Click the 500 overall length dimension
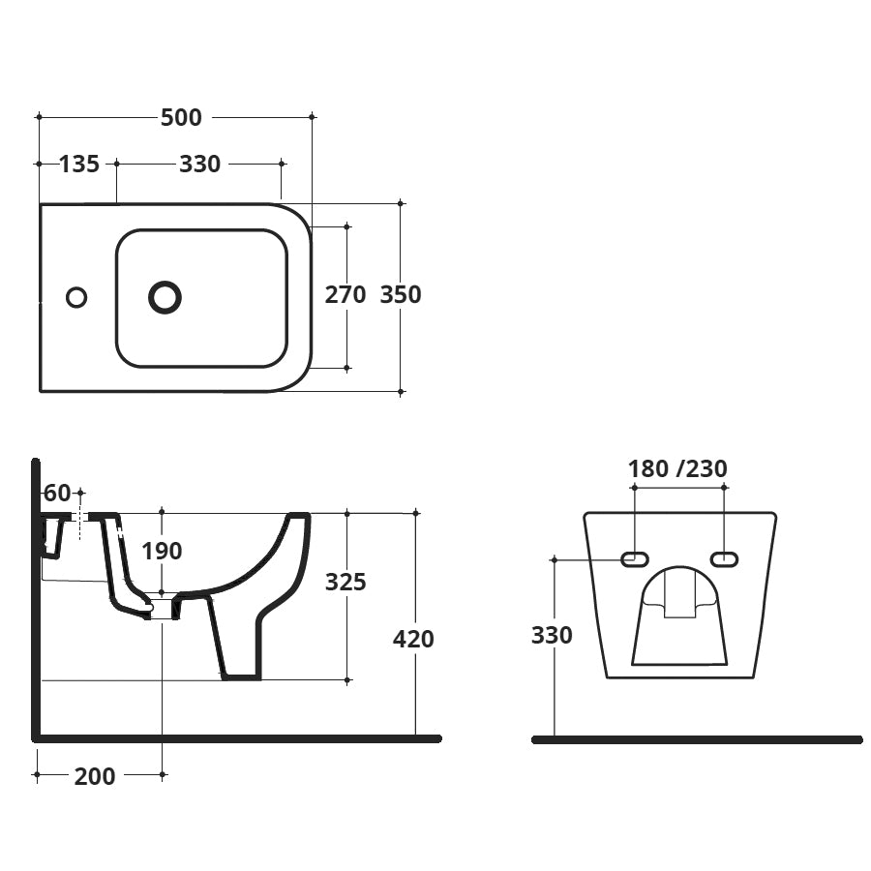[x=181, y=117]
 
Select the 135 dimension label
[x=78, y=164]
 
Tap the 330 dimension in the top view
[x=199, y=164]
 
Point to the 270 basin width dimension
[x=345, y=294]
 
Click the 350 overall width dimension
[x=400, y=294]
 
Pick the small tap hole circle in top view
[x=76, y=297]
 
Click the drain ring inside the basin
[x=165, y=297]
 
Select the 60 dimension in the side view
[x=57, y=494]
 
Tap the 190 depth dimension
[x=162, y=551]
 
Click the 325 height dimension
[x=345, y=582]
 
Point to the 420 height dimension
[x=413, y=639]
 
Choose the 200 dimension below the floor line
[x=95, y=775]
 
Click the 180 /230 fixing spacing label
[x=677, y=468]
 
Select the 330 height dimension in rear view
[x=552, y=635]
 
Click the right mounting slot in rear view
[x=723, y=558]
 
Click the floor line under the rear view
[x=697, y=739]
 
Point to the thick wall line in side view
[x=36, y=600]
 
